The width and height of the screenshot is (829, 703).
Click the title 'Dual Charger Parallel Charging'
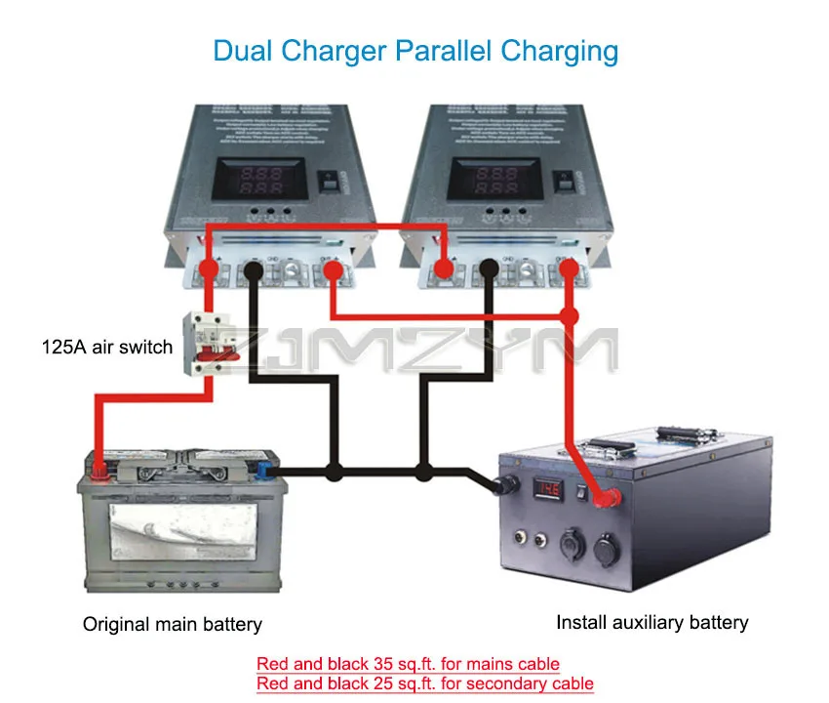click(x=414, y=51)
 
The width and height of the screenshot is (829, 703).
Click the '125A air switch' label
click(x=107, y=347)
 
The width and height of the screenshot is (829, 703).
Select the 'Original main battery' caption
click(x=172, y=624)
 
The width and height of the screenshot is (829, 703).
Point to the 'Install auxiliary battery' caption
click(x=651, y=622)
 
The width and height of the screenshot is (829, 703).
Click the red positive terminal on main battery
click(x=99, y=471)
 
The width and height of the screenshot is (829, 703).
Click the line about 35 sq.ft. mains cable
click(x=408, y=664)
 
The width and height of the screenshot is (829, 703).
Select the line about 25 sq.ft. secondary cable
click(x=424, y=683)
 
